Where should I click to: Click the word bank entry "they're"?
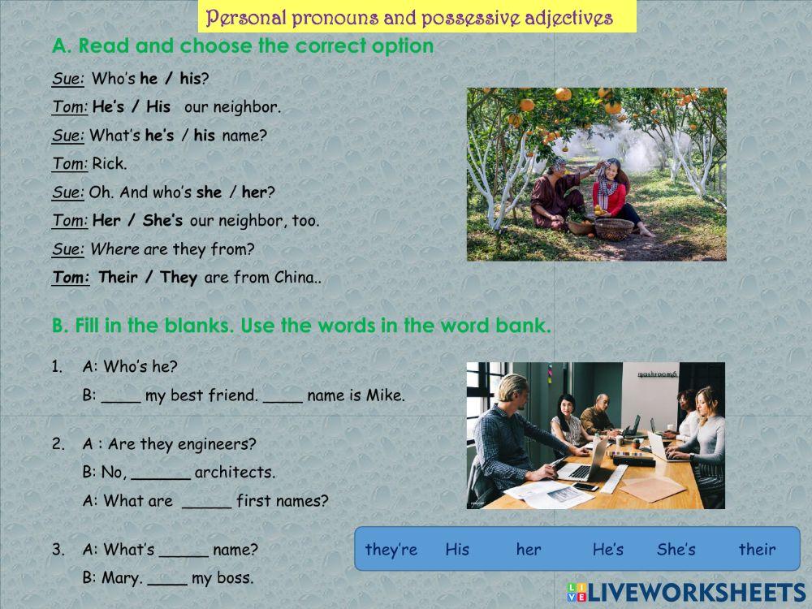click(391, 550)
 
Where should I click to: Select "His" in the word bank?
click(457, 550)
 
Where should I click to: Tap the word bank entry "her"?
click(529, 550)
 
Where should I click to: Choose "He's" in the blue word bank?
click(607, 550)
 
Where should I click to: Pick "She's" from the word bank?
click(676, 550)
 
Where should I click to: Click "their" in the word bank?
click(757, 550)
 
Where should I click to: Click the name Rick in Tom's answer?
click(109, 163)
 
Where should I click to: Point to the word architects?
click(235, 472)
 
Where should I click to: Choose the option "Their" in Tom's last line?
click(118, 278)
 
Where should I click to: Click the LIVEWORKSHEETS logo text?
click(694, 592)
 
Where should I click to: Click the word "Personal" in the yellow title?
click(236, 17)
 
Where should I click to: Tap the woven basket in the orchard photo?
click(614, 229)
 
